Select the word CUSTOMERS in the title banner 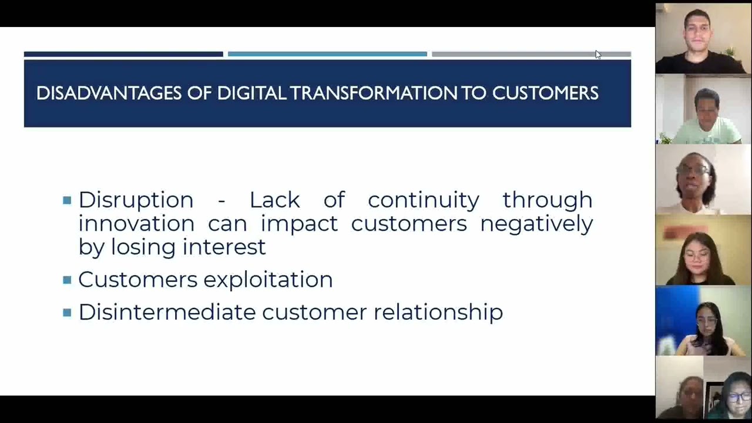pos(545,93)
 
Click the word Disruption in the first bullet pos(136,200)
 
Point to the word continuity pos(423,200)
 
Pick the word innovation pos(136,224)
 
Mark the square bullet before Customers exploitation pos(67,280)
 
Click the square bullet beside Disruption pos(67,200)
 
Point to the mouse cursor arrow pos(597,55)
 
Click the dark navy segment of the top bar pos(123,54)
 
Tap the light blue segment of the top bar pos(327,54)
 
